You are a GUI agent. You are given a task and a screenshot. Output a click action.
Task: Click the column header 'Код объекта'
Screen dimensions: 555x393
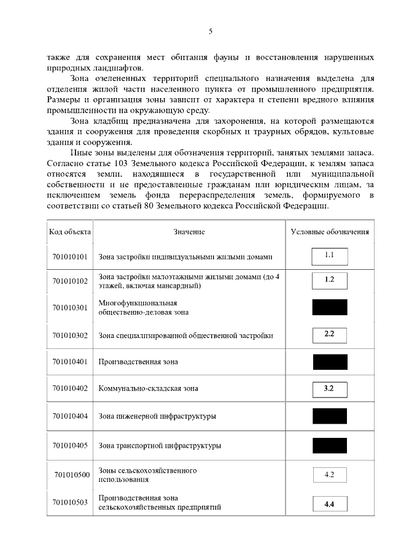[69, 232]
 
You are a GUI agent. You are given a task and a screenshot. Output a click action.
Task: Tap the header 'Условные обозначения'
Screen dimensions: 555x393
[330, 232]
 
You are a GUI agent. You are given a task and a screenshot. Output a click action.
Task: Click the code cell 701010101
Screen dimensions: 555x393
[70, 256]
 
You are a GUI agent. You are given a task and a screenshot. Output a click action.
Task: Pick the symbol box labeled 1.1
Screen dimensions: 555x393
[329, 255]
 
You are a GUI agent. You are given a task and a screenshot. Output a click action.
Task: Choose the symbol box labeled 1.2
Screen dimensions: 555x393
[329, 281]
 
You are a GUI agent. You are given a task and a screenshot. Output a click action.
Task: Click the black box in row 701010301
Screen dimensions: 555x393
[330, 307]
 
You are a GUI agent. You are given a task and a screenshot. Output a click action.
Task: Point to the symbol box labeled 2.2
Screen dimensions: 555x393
[329, 335]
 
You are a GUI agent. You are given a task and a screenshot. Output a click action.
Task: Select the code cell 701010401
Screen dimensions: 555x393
[70, 362]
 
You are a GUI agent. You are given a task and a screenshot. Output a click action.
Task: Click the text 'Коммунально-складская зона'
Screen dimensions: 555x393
[148, 388]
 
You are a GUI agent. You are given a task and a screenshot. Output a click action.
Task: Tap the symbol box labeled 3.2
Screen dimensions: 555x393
[329, 388]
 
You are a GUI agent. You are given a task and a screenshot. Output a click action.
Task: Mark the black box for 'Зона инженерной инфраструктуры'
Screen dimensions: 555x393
[330, 416]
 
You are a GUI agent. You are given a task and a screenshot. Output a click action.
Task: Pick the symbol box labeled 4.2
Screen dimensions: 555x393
[329, 475]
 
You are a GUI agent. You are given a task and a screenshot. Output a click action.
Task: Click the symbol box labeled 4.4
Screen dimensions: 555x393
[329, 504]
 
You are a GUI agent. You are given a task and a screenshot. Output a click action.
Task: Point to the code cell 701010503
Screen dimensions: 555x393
[70, 503]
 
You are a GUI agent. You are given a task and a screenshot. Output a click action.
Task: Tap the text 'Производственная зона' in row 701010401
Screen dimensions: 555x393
[138, 362]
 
